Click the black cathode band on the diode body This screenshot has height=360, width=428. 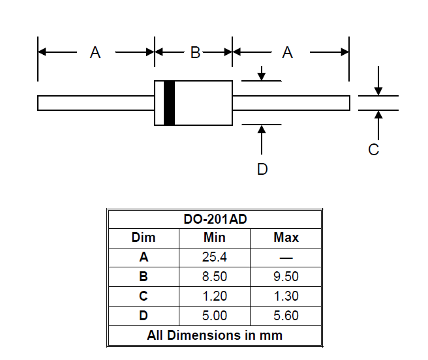pos(169,103)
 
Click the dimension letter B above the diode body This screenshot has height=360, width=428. pos(195,53)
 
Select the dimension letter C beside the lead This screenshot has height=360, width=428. pos(374,150)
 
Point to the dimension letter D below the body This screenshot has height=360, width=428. pos(262,170)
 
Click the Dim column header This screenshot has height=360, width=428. pos(144,237)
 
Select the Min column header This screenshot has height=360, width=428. pos(215,237)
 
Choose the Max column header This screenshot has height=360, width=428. pos(286,237)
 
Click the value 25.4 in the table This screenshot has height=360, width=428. pos(215,257)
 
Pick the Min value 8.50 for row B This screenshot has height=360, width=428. pos(215,277)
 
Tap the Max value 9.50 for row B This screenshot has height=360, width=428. pos(286,277)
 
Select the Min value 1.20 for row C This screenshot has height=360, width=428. pos(215,296)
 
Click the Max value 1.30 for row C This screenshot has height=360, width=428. pos(286,296)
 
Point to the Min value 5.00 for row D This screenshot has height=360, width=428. pos(215,316)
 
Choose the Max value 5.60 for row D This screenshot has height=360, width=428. pos(286,316)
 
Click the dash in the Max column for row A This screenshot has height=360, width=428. pos(286,258)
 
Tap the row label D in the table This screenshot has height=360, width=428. pos(144,316)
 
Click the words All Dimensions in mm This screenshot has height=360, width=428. pos(215,335)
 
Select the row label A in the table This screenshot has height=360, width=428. pos(144,257)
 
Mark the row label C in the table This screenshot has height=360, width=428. pos(144,296)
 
